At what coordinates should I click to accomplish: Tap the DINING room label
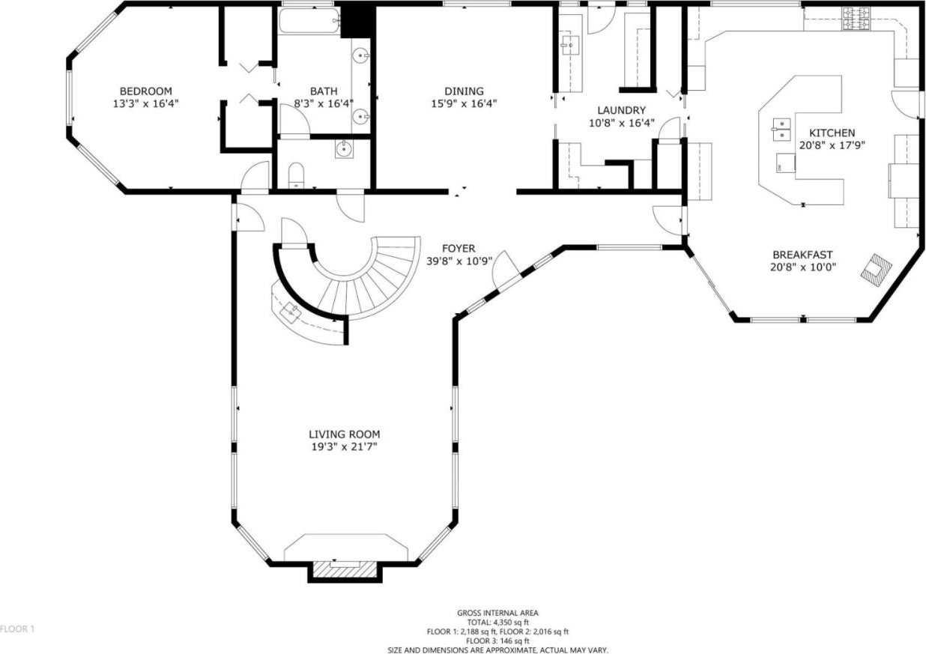pos(464,91)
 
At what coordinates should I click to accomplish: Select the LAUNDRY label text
pos(621,110)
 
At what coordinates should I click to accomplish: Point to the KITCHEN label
pos(832,133)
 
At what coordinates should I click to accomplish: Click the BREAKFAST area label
pos(803,255)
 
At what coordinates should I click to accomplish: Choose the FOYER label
pos(459,249)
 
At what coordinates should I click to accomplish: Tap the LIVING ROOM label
pos(345,435)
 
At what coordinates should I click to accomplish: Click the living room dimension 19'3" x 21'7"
pos(345,447)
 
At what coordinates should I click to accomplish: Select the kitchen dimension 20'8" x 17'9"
pos(832,145)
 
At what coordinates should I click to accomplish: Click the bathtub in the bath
pos(309,20)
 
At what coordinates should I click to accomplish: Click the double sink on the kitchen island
pos(781,129)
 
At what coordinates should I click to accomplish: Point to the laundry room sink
pos(572,45)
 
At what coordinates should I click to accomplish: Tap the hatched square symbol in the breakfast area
pos(876,274)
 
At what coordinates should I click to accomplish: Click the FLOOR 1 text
pos(17,629)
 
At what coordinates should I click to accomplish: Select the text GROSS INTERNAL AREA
pos(497,613)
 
